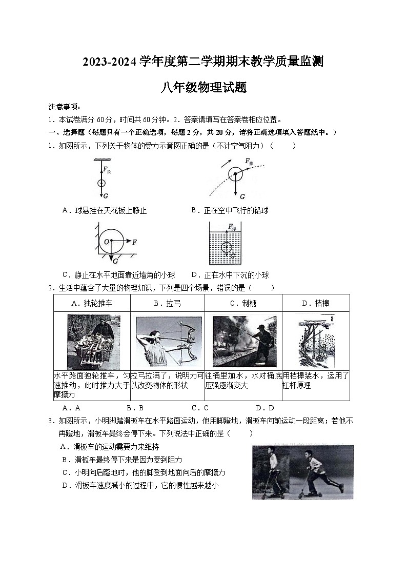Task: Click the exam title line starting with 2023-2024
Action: (203, 62)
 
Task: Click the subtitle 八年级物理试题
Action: (203, 88)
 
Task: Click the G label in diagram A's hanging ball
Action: (106, 196)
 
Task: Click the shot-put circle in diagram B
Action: (235, 174)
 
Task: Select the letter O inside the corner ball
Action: (106, 241)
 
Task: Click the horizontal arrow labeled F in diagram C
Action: (128, 241)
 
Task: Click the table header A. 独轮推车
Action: (92, 303)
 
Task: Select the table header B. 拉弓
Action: (167, 303)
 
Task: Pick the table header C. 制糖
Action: (243, 303)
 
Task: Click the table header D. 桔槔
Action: (315, 303)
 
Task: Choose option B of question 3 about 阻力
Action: (122, 460)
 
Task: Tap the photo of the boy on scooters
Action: (302, 472)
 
